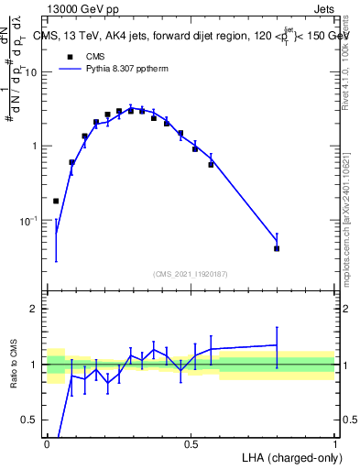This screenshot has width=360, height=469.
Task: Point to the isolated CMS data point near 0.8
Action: point(277,248)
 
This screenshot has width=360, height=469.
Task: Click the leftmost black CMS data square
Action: point(56,201)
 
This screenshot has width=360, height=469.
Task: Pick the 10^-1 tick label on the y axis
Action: point(31,221)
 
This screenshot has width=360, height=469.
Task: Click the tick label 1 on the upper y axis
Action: point(37,147)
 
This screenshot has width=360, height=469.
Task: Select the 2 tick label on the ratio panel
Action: point(37,309)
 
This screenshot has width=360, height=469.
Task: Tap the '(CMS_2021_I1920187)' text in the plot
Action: point(190,274)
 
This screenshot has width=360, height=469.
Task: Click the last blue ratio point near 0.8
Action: point(277,345)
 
